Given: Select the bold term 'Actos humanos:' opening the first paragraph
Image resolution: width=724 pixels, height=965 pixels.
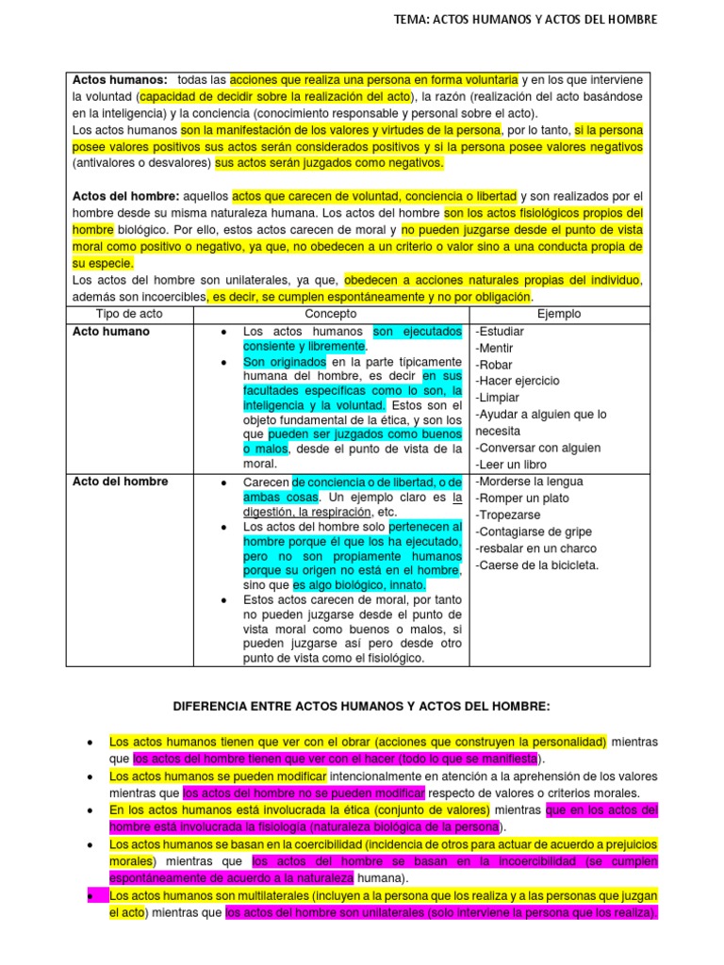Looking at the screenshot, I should (121, 79).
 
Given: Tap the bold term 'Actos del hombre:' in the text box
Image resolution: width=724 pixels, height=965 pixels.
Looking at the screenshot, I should (125, 196).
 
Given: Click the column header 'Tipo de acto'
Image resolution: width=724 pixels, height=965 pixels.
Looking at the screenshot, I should (129, 314).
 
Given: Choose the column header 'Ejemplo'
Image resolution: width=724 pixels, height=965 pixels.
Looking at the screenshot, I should (559, 314).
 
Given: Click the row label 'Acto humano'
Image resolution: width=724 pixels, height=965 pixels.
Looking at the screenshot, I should (110, 332).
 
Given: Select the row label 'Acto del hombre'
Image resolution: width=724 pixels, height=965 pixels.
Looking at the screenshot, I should (121, 482).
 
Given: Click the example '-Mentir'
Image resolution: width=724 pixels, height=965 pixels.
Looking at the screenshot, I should (496, 348).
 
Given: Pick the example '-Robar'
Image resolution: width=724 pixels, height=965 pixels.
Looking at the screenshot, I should (495, 365).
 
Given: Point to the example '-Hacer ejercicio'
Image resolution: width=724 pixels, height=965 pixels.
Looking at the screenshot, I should (518, 381).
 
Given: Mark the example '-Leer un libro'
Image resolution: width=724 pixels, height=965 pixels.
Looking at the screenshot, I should (512, 465).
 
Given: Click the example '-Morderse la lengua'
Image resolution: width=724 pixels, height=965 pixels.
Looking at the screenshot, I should (529, 482).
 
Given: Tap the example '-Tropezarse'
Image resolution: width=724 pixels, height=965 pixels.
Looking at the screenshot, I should (508, 515).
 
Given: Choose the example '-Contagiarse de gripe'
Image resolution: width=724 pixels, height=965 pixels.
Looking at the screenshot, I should (534, 532).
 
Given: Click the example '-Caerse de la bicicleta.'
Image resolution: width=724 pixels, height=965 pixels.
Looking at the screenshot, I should (536, 565).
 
